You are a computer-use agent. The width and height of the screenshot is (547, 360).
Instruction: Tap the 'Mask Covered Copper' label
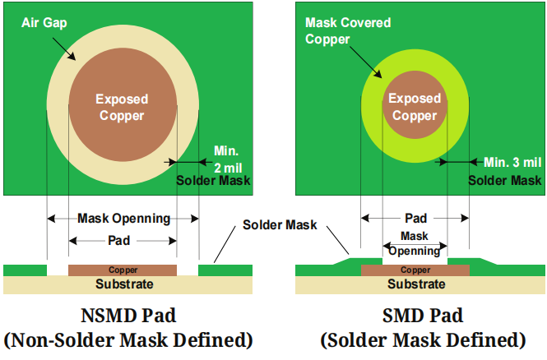click(x=338, y=30)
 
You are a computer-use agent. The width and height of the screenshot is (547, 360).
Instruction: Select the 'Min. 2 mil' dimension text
click(x=227, y=159)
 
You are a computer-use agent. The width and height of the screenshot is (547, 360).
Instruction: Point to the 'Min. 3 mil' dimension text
click(x=512, y=161)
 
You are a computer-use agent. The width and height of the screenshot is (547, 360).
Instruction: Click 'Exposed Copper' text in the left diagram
click(x=122, y=107)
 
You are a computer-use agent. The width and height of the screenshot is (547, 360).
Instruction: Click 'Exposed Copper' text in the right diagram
click(x=415, y=107)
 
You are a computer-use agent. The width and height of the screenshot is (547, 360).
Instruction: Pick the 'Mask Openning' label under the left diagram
click(x=123, y=219)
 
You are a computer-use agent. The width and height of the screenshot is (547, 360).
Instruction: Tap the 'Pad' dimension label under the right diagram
click(x=415, y=219)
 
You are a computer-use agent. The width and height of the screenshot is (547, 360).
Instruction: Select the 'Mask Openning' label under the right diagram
click(x=415, y=244)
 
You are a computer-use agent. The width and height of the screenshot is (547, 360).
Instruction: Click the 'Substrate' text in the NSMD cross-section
click(x=124, y=284)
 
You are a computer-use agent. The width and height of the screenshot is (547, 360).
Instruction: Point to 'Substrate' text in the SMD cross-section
click(x=416, y=284)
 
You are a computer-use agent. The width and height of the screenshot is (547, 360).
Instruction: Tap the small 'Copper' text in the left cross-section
click(x=123, y=270)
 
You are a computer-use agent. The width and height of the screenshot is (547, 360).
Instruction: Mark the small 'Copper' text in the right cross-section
click(x=415, y=270)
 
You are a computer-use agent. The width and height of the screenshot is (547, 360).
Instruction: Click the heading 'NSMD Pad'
click(x=127, y=316)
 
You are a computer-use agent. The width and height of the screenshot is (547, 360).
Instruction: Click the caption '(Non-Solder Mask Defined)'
click(x=127, y=340)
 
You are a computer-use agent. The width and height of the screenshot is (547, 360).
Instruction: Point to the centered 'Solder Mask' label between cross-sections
click(x=280, y=224)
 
